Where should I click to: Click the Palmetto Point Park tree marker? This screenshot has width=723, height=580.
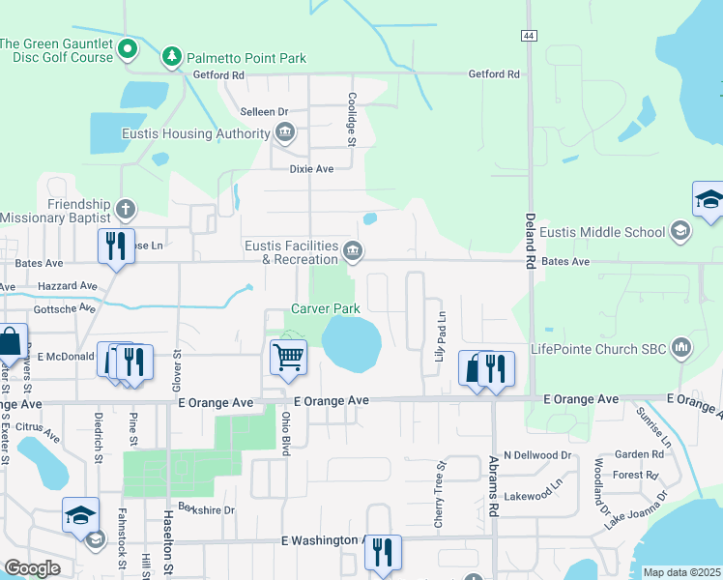(x=172, y=57)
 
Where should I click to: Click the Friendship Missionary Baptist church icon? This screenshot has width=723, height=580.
(x=125, y=208)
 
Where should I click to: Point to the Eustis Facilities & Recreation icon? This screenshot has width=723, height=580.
(x=354, y=252)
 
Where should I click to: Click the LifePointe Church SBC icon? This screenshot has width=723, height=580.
(x=681, y=347)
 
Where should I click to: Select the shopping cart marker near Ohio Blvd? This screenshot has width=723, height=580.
(x=289, y=358)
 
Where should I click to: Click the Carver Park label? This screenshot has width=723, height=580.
(x=327, y=309)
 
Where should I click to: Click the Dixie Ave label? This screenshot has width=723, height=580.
(x=311, y=168)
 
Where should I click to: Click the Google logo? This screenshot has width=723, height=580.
(x=33, y=568)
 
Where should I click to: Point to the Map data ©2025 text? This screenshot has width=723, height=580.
(x=680, y=572)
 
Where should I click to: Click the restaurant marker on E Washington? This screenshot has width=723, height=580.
(x=383, y=553)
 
